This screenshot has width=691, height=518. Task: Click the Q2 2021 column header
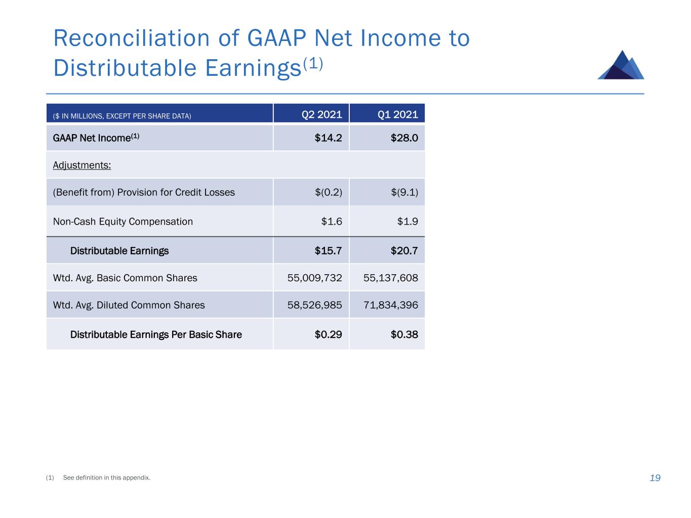pos(321,114)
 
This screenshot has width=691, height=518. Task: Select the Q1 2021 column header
pos(397,114)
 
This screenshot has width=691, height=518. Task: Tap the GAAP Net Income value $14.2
pos(328,138)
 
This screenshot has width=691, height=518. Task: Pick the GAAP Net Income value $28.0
pos(404,138)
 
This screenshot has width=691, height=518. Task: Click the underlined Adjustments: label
pos(82,165)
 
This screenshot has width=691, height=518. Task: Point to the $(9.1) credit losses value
pos(404,192)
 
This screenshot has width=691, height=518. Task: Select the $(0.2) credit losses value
pos(328,192)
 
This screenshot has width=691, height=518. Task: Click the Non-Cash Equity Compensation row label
pos(123,222)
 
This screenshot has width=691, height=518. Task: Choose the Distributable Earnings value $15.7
pos(328,251)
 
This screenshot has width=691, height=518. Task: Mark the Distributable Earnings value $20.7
pos(404,251)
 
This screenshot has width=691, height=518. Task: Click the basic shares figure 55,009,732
pos(314,278)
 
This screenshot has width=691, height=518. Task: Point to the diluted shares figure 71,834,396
pos(390,305)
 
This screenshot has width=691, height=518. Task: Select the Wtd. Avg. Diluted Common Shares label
pos(129,305)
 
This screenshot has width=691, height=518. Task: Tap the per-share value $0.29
pos(328,334)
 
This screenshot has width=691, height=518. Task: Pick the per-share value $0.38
pos(404,334)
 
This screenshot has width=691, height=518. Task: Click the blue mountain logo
pos(621,65)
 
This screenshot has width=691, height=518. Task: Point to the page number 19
pos(655,478)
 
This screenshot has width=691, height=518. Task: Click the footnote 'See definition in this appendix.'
pos(106,478)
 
